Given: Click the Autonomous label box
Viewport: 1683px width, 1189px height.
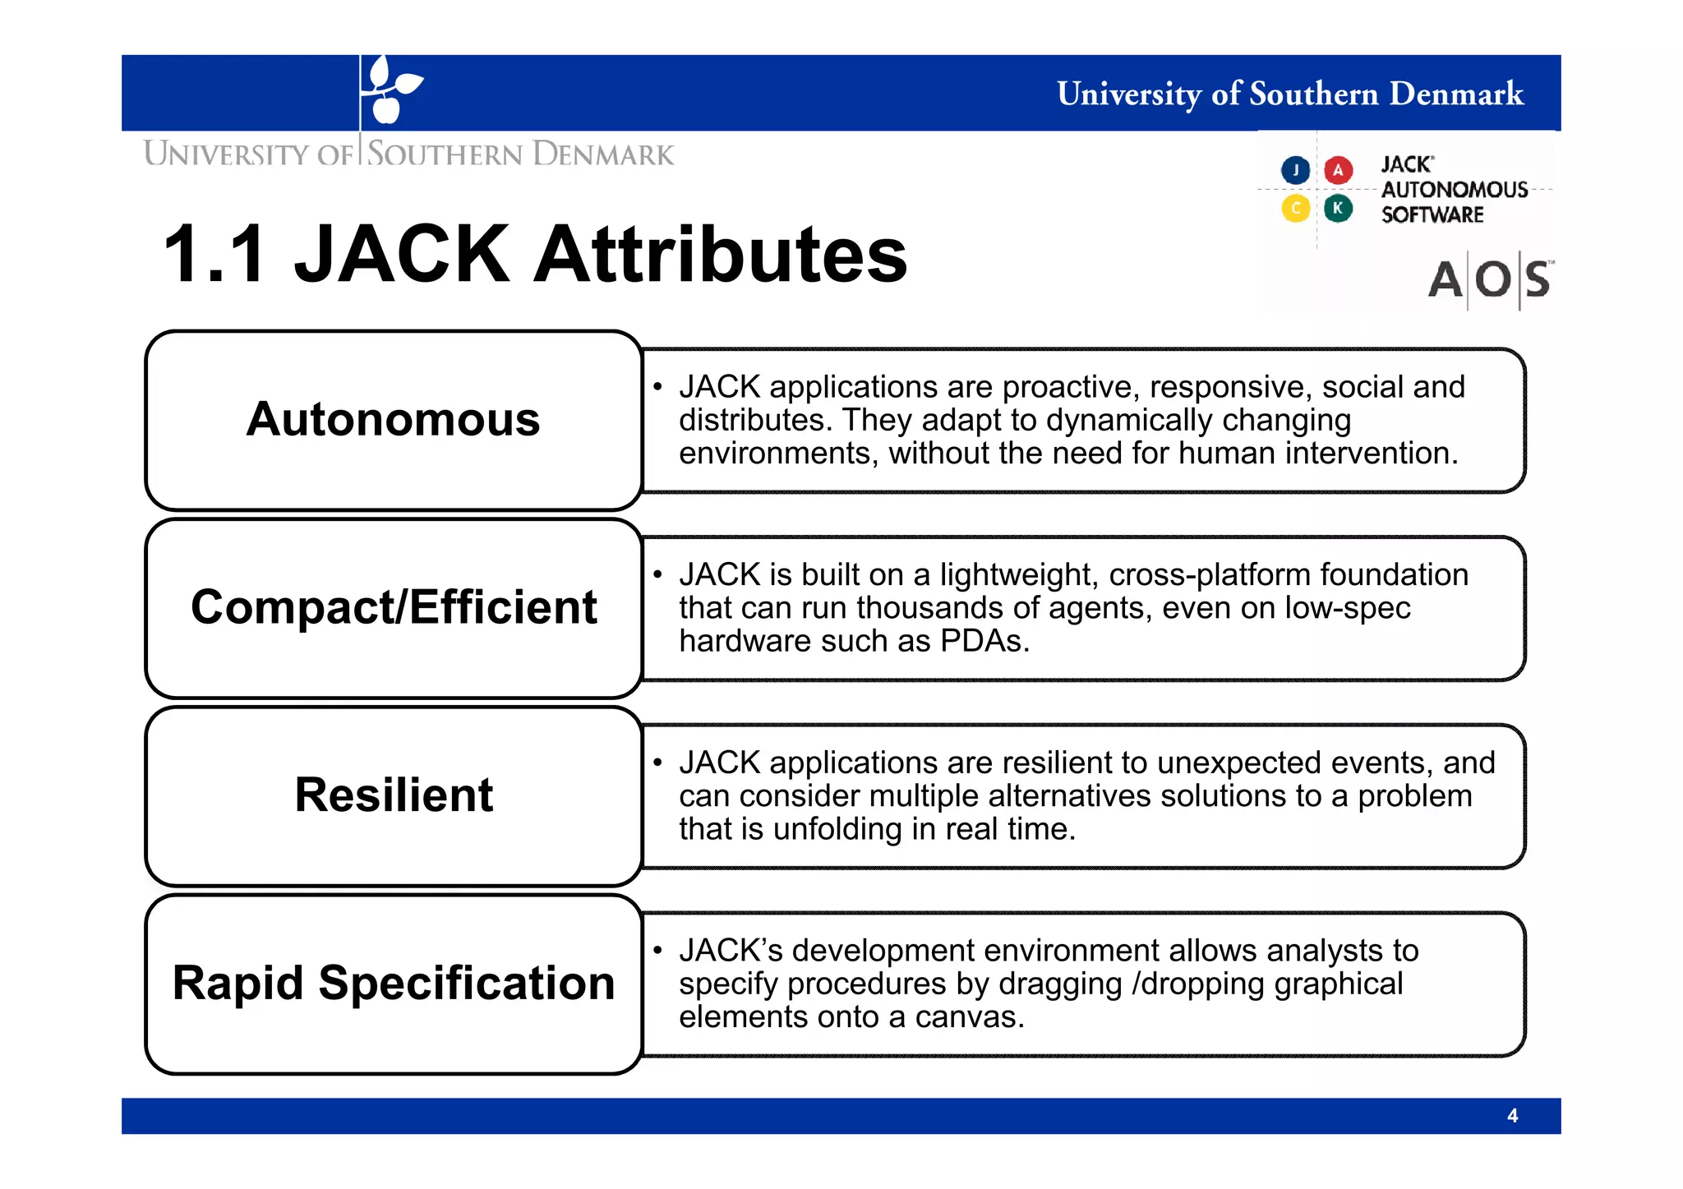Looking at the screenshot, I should (393, 420).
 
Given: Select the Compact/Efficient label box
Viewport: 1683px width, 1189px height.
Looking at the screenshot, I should (393, 608).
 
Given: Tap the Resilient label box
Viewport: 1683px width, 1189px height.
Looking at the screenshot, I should (393, 795).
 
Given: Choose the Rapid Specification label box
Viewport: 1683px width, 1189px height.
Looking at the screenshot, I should (393, 984).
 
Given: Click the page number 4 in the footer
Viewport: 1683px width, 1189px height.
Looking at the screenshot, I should (1512, 1116).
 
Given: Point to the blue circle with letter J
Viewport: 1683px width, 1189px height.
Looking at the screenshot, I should (1295, 170).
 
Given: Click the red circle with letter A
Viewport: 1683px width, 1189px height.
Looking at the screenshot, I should (1338, 170).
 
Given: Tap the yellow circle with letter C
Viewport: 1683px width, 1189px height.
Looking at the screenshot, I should (1295, 208).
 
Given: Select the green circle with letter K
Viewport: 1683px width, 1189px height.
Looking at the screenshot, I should (1338, 208).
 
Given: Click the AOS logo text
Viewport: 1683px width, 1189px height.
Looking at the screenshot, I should (1490, 280).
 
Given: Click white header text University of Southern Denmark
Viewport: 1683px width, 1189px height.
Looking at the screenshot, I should (1289, 94).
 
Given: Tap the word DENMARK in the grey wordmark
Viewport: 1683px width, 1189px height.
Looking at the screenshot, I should (603, 154).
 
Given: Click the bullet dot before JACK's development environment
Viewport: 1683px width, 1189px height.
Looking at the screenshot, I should (657, 951).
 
